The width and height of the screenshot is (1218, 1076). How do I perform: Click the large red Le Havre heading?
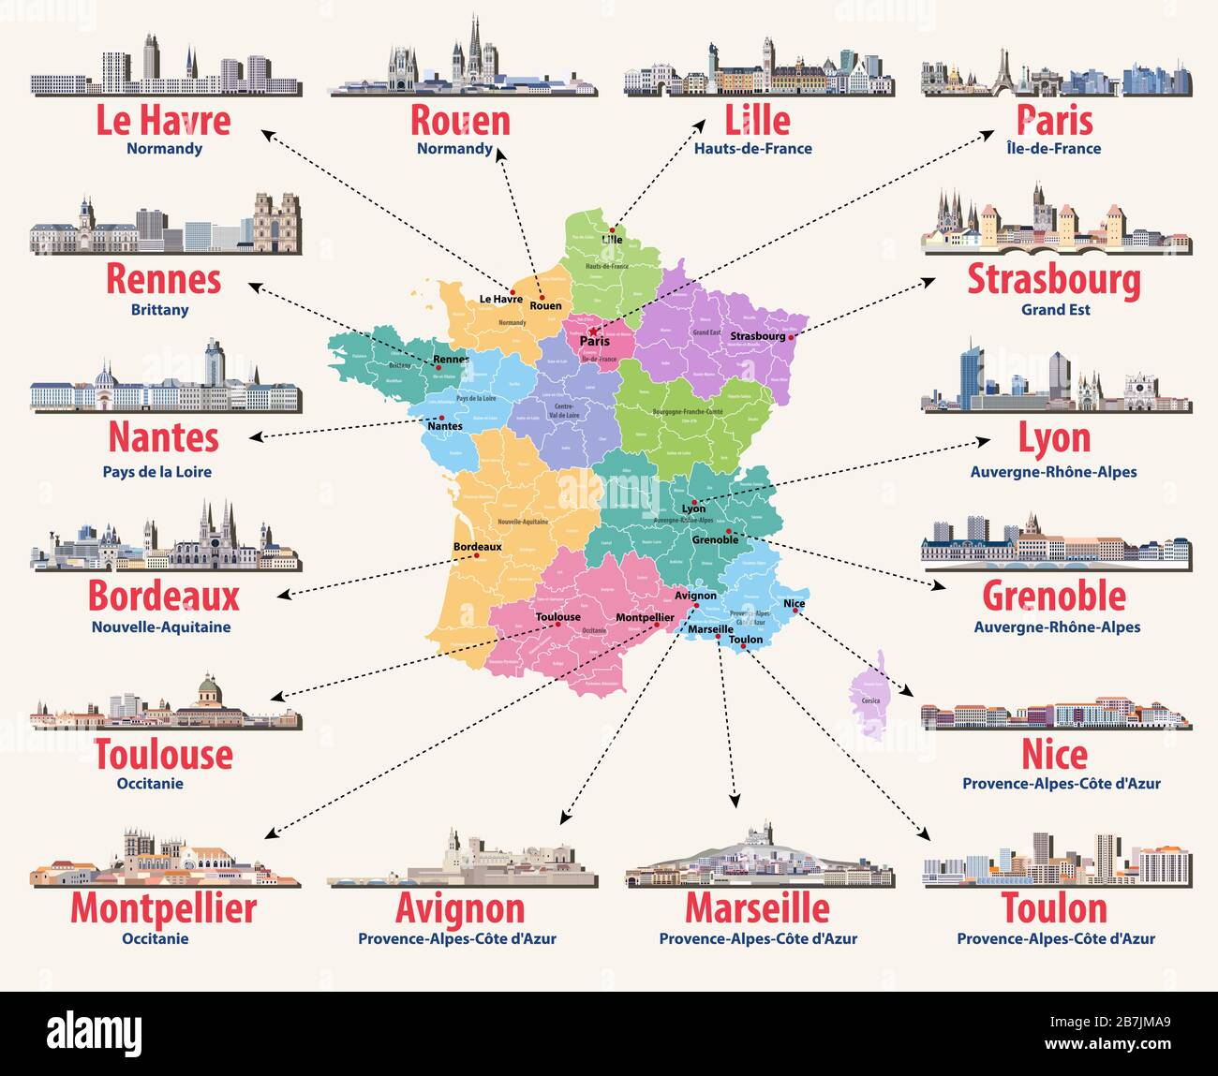163,121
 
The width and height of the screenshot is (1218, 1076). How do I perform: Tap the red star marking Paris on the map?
594,331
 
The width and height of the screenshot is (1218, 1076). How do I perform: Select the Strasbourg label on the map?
757,336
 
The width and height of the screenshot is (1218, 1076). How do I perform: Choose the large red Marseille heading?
757,908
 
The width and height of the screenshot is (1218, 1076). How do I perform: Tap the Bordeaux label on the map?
477,547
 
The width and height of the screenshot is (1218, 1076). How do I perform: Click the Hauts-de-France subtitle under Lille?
752,148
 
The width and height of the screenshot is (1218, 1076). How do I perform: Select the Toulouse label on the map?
557,616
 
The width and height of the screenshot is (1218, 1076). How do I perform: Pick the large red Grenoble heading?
1054,596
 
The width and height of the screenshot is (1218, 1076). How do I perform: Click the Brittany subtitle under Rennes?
160,309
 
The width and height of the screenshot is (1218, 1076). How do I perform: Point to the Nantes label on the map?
444,426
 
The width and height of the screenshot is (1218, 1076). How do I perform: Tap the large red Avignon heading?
459,908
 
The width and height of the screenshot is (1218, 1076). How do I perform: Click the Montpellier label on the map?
645,617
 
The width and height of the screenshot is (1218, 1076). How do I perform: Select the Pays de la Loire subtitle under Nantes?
157,471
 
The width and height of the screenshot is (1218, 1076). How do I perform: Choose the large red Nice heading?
1054,755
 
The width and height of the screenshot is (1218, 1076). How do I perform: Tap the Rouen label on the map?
545,305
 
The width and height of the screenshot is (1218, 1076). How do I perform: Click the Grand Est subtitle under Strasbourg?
1055,309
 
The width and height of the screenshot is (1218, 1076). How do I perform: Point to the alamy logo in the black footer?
100,1033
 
